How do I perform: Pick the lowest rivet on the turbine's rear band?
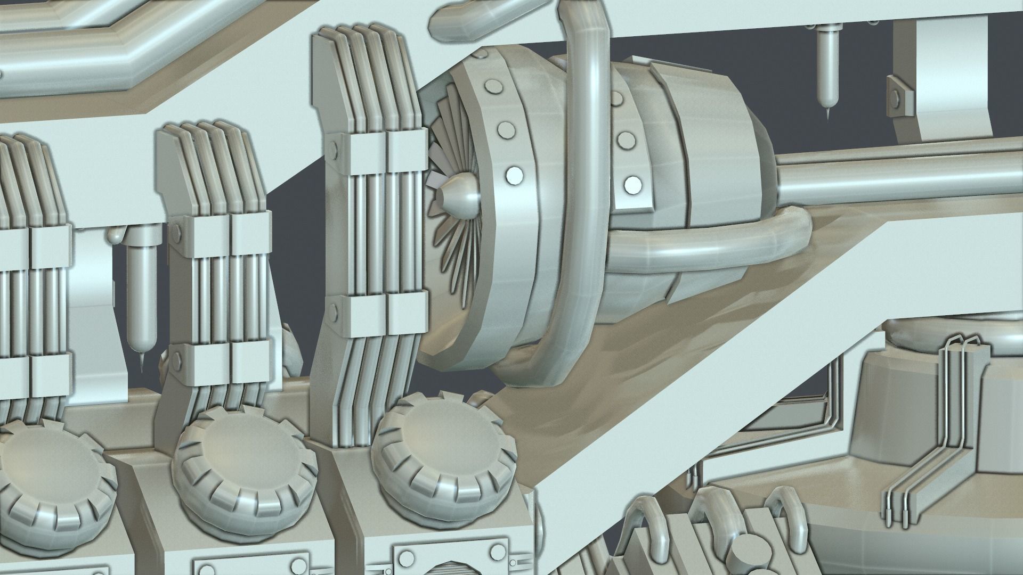click(x=633, y=184)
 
